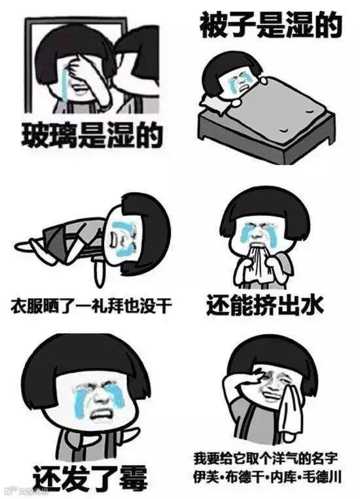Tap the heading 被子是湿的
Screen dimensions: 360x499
[x=271, y=24]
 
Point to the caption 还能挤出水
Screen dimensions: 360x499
[x=265, y=305]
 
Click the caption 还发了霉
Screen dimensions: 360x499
[x=90, y=477]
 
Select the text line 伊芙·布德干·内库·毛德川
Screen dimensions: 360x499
[x=267, y=477]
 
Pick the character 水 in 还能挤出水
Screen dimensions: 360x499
[x=312, y=305]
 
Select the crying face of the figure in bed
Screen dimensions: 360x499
[x=241, y=80]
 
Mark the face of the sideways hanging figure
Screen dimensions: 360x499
[x=123, y=238]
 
